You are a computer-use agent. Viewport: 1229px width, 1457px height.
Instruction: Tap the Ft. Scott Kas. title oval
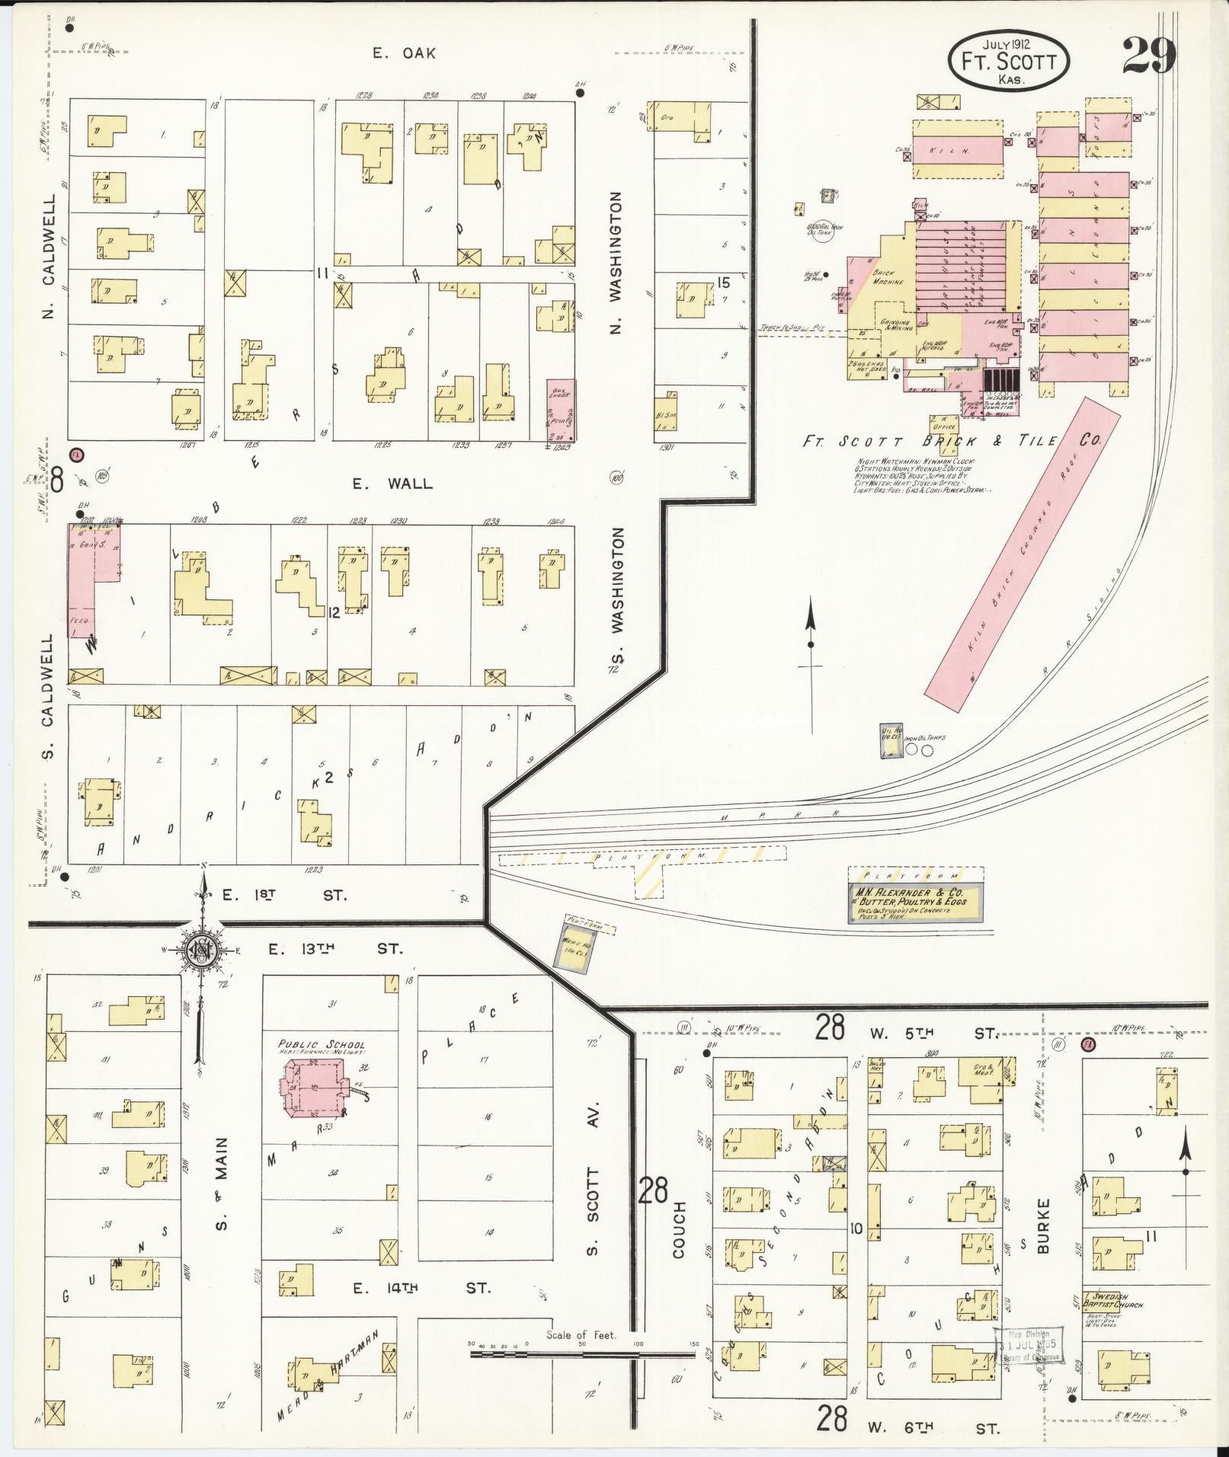(x=1009, y=59)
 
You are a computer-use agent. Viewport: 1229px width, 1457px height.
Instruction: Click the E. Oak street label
(x=404, y=53)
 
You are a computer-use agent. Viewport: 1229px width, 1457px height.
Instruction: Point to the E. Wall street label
(x=392, y=483)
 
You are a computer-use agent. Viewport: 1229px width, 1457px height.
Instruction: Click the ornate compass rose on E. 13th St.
(x=203, y=951)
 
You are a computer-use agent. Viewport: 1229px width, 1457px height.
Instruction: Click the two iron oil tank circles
(x=919, y=750)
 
